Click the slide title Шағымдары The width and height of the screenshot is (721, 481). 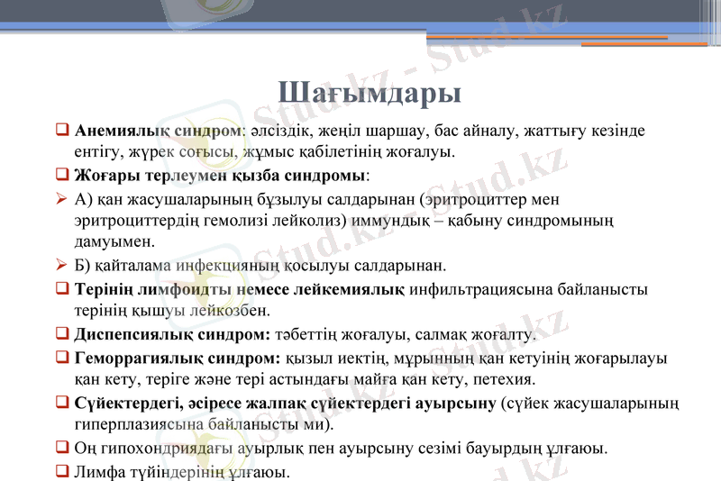370,93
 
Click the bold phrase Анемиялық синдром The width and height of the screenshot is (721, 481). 159,131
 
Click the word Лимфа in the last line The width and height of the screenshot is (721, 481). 98,470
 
